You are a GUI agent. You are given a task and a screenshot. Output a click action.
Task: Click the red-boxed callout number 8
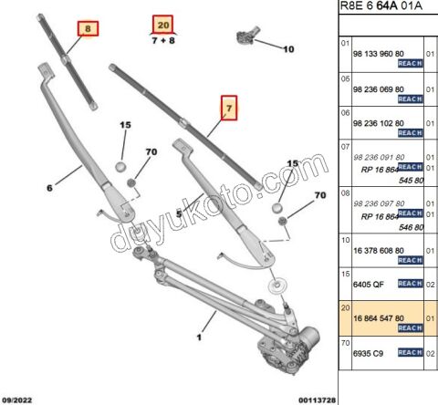87,29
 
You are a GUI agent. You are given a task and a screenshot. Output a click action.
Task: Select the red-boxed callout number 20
162,25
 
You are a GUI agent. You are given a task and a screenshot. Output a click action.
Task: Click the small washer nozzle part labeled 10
248,36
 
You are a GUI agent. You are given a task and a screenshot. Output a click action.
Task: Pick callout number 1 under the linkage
198,336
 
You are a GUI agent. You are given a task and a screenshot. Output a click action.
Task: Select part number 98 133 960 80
378,53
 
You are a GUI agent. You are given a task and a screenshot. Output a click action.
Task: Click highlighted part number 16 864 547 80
378,317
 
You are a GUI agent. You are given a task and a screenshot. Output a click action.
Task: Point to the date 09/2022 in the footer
21,399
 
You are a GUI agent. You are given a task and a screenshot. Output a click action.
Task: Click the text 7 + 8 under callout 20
162,41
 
